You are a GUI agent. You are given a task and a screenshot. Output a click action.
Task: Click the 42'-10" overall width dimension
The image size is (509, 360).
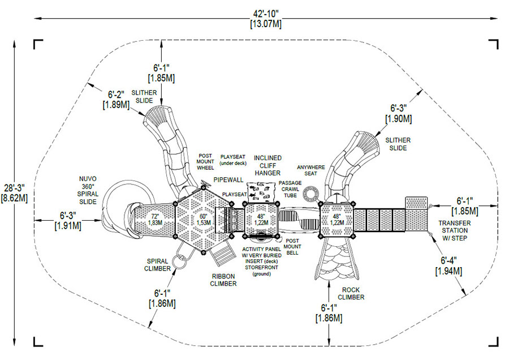(265, 18)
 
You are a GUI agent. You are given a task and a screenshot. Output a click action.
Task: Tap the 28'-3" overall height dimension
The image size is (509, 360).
(16, 192)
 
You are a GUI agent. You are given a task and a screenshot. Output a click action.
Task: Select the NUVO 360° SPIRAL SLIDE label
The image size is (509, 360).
(88, 190)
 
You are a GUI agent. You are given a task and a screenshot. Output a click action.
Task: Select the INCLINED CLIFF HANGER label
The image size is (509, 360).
(268, 165)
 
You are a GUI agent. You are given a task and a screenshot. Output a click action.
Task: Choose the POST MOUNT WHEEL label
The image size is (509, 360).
(205, 161)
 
